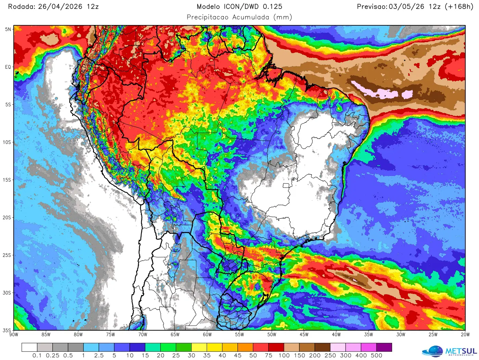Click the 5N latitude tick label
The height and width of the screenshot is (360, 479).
pos(8,29)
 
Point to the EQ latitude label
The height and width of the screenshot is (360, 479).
pos(8,67)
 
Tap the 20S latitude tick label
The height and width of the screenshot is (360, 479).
pos(7,218)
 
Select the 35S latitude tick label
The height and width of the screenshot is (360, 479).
pos(7,330)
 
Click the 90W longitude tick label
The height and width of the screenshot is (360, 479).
pos(14,335)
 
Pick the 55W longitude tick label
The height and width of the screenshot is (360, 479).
pos(239,335)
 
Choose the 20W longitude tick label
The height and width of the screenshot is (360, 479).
pos(465,335)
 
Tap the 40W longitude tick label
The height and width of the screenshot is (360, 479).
pos(336,335)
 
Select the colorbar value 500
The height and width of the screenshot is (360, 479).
pos(376,356)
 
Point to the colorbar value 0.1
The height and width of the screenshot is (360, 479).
pos(37,356)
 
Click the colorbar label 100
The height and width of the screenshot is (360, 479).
pos(284,356)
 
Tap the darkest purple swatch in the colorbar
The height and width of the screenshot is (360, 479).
pos(384,348)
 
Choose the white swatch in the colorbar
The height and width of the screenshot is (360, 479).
pos(29,348)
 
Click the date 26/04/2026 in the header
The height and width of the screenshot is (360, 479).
pos(60,7)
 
